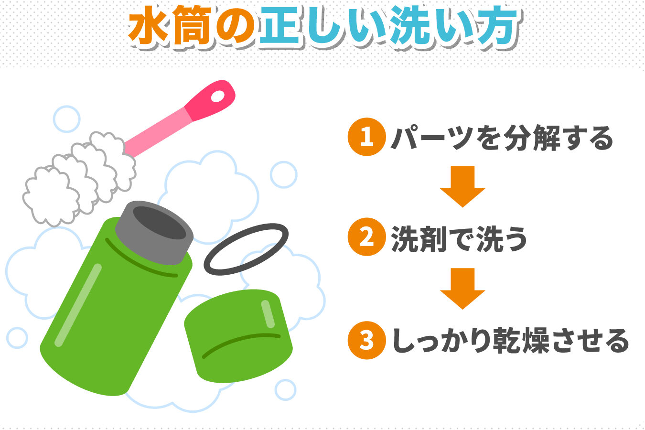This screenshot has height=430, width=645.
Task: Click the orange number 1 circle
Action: [366, 137]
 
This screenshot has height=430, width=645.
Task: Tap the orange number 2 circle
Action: [366, 237]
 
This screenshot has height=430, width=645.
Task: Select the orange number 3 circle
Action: [366, 340]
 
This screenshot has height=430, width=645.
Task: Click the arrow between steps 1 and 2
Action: [462, 186]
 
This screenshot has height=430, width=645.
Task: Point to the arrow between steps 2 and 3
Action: [462, 289]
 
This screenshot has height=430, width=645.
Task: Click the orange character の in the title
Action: [236, 26]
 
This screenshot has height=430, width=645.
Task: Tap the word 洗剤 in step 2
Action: [418, 238]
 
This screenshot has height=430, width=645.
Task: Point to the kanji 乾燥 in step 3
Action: [521, 341]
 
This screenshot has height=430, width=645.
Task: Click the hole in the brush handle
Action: [218, 96]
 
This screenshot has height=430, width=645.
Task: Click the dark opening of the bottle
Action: [159, 223]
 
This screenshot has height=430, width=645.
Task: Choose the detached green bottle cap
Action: [238, 336]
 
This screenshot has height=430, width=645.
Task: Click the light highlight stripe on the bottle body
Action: [78, 305]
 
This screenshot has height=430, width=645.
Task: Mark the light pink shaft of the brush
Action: [158, 132]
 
